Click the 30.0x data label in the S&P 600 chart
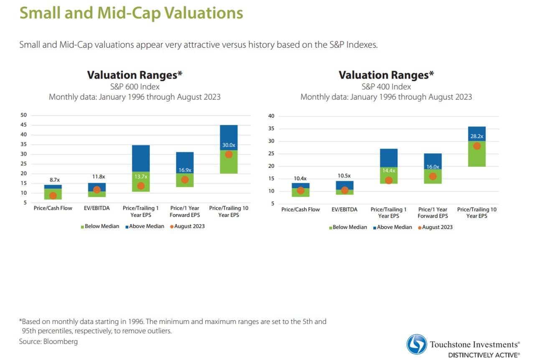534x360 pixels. pyautogui.click(x=229, y=145)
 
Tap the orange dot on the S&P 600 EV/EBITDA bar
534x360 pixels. pyautogui.click(x=97, y=190)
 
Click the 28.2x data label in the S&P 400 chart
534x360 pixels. pyautogui.click(x=476, y=136)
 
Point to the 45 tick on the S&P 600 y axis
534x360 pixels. pyautogui.click(x=24, y=125)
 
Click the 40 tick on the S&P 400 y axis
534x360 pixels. pyautogui.click(x=271, y=116)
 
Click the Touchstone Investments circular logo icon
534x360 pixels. pyautogui.click(x=417, y=345)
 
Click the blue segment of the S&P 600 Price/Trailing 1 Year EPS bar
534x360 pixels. pyautogui.click(x=140, y=158)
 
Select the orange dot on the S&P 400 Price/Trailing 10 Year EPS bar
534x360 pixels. pyautogui.click(x=476, y=146)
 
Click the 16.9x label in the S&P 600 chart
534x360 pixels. pyautogui.click(x=184, y=170)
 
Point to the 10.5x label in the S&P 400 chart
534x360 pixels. pyautogui.click(x=344, y=175)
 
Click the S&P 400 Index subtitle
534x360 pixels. pyautogui.click(x=386, y=87)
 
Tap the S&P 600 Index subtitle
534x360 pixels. pyautogui.click(x=135, y=87)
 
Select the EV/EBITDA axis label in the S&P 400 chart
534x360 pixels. pyautogui.click(x=344, y=210)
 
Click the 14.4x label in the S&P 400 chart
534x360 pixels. pyautogui.click(x=389, y=170)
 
